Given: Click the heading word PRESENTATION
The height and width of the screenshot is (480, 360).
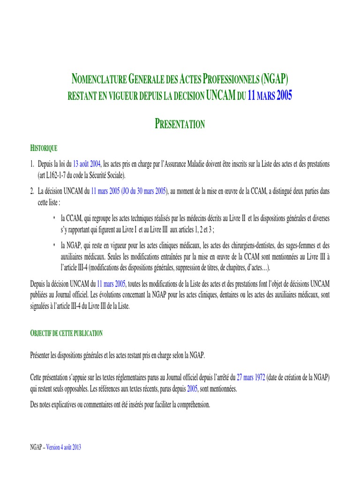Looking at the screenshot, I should coord(180,124).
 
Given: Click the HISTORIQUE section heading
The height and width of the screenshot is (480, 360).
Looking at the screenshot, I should coord(44,148).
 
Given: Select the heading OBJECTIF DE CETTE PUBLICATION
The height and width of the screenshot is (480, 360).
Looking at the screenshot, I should coord(66,333).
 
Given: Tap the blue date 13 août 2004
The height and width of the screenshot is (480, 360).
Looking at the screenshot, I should coord(87,164).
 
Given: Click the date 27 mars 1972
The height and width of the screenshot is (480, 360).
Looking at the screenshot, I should coord(251,378).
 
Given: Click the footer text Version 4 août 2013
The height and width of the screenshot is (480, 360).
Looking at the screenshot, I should coord(64,447).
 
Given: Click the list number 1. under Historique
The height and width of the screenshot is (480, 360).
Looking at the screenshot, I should coord(32,164).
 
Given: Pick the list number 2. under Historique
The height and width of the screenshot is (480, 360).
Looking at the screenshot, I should coord(32,191).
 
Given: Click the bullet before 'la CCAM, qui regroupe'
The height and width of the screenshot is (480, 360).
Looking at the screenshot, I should coord(54,217).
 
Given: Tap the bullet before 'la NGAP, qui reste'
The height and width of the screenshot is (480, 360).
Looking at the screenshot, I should coord(54,245).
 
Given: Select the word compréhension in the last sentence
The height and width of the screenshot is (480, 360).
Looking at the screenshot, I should coord(193,404).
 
